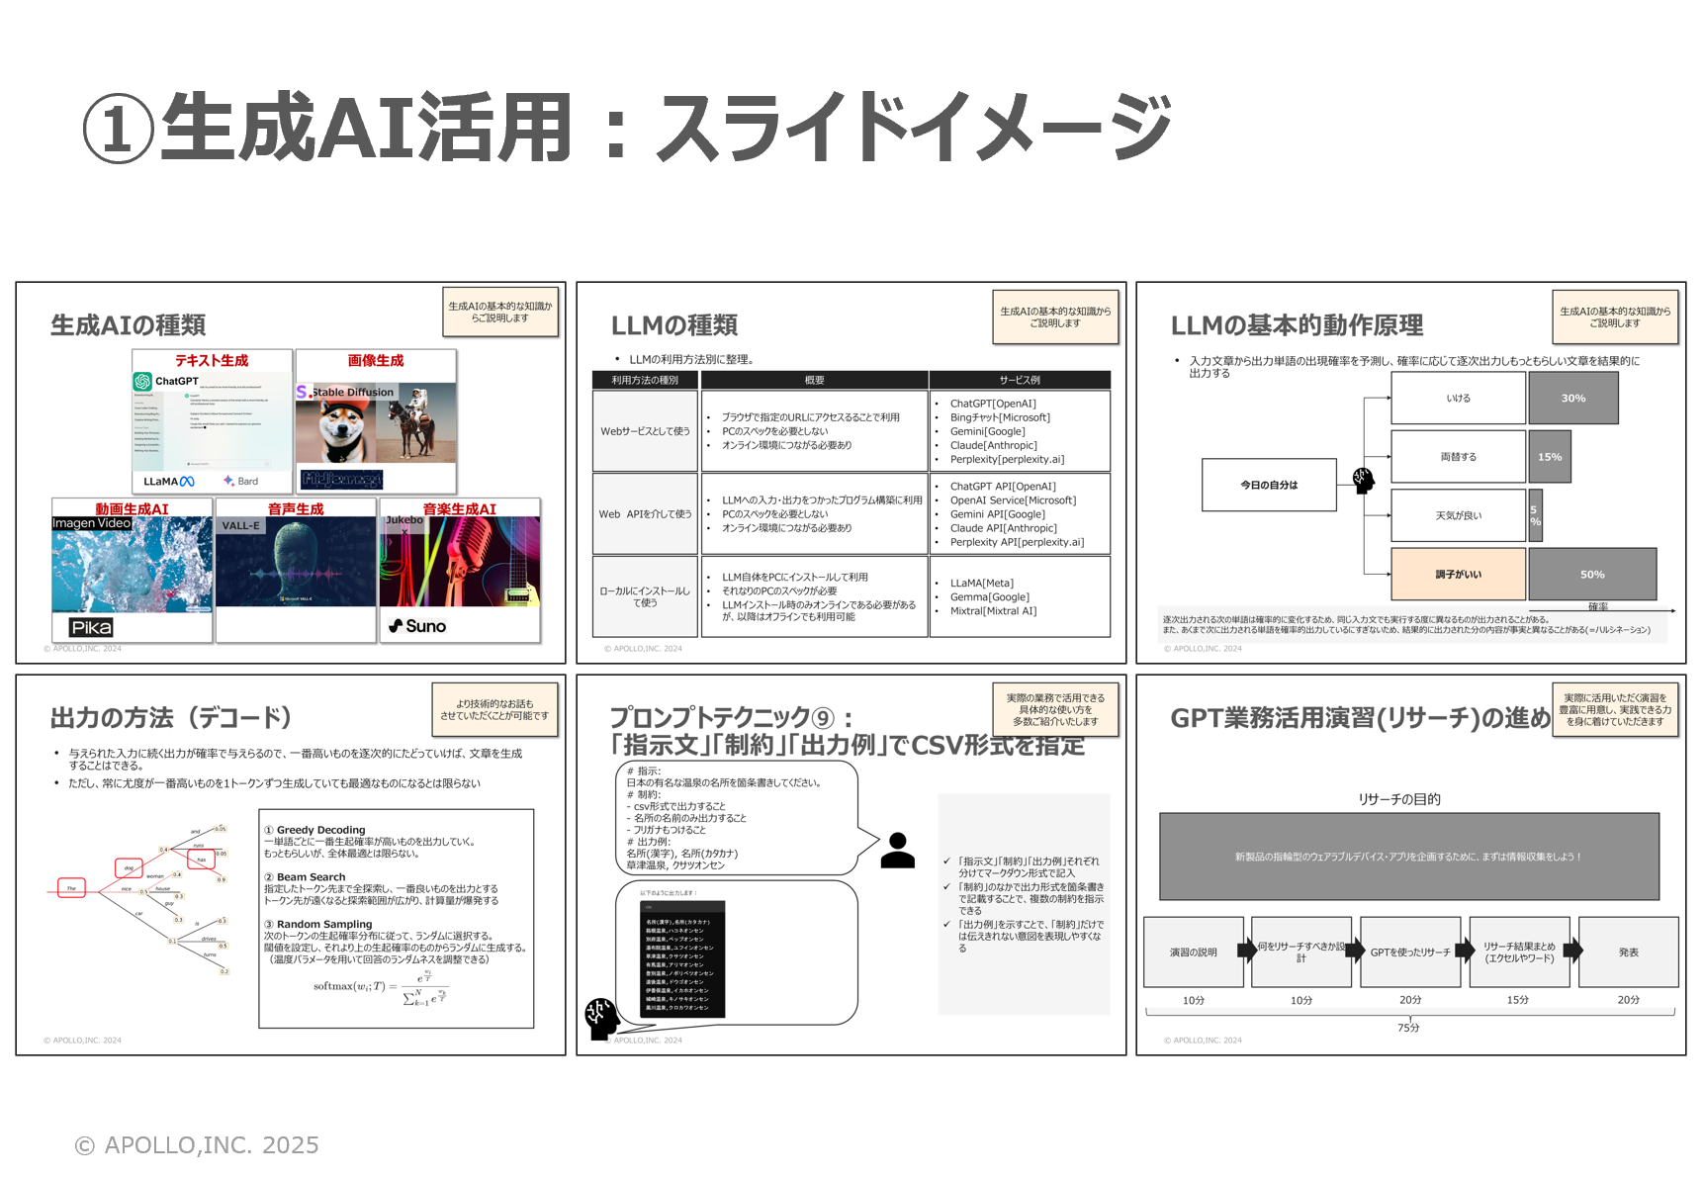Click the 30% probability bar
pyautogui.click(x=1572, y=398)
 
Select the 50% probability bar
pyautogui.click(x=1591, y=574)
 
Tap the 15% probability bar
pyautogui.click(x=1549, y=456)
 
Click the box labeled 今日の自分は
pyautogui.click(x=1269, y=485)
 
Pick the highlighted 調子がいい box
pyautogui.click(x=1458, y=574)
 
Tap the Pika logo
pyautogui.click(x=91, y=627)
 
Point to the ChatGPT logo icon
pyautogui.click(x=142, y=381)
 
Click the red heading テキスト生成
pyautogui.click(x=212, y=361)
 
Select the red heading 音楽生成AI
pyautogui.click(x=459, y=509)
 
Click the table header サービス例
pyautogui.click(x=1019, y=380)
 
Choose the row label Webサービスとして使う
pyautogui.click(x=645, y=431)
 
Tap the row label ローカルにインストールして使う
pyautogui.click(x=645, y=596)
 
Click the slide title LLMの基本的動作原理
pyautogui.click(x=1297, y=325)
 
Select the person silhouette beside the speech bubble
pyautogui.click(x=897, y=851)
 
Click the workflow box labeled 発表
pyautogui.click(x=1628, y=952)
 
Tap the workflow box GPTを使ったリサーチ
pyautogui.click(x=1409, y=952)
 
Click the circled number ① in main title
pyautogui.click(x=118, y=129)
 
